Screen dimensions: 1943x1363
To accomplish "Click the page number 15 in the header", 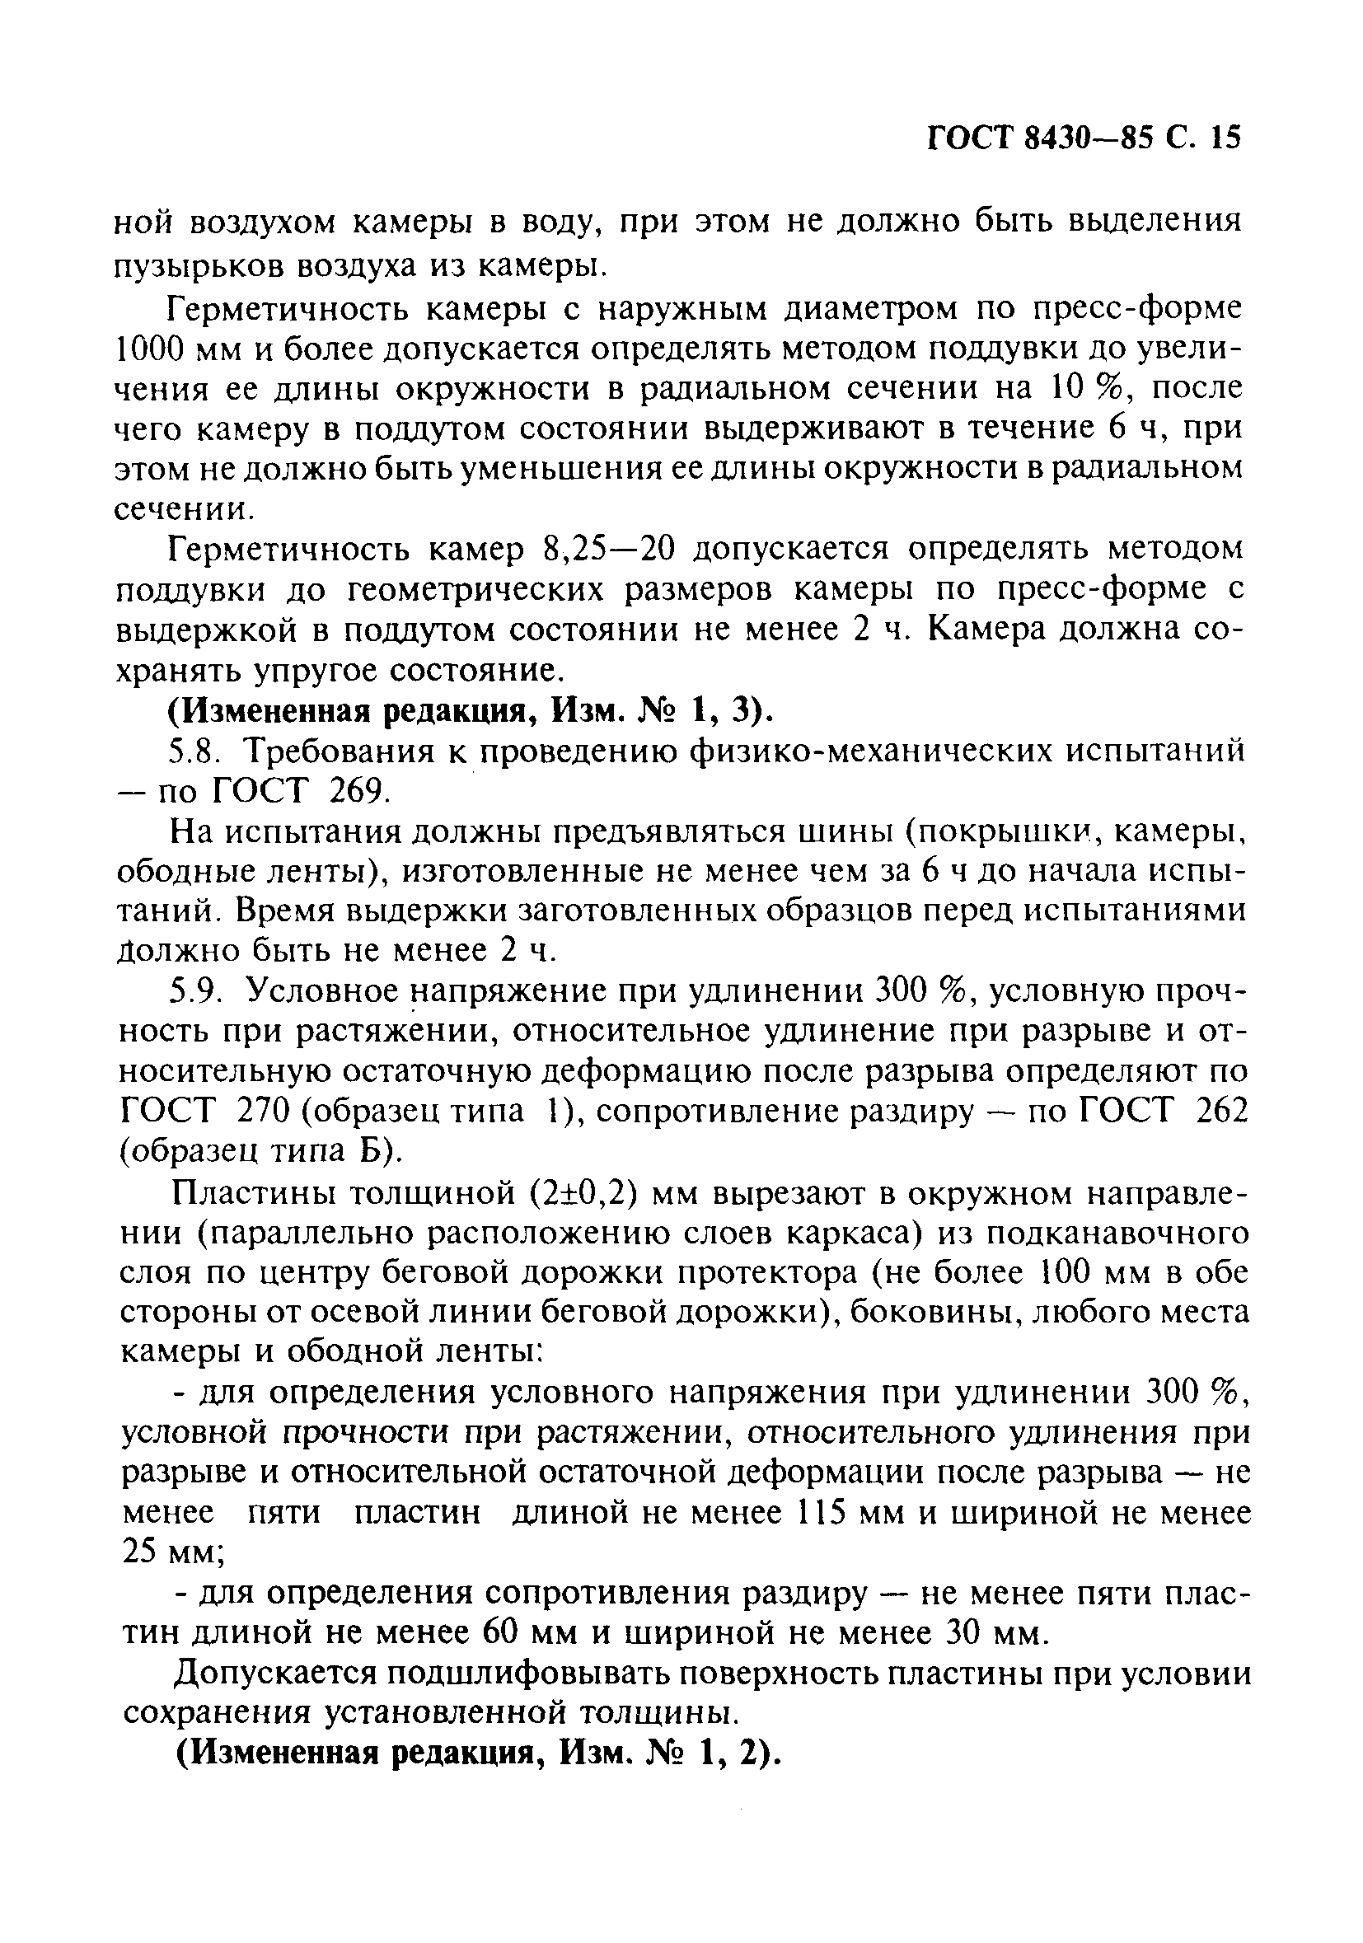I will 1225,138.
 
